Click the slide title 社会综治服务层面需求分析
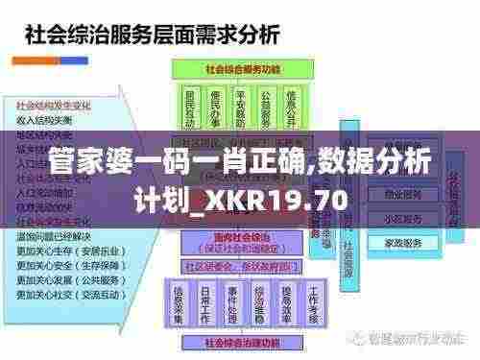(152, 36)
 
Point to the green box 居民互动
(191, 108)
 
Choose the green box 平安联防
(241, 108)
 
